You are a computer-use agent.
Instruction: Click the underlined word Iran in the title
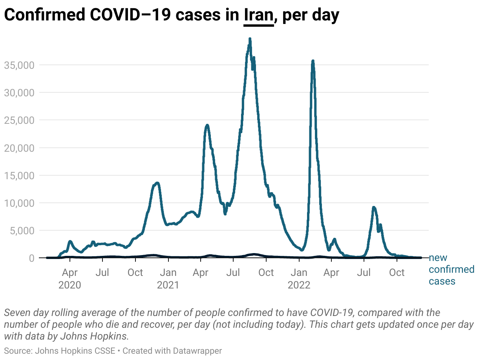(258, 15)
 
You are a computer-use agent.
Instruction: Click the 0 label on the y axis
(31, 258)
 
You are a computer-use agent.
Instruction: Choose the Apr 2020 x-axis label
(70, 278)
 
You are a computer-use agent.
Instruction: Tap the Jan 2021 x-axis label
(168, 278)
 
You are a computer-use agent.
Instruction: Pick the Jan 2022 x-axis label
(299, 278)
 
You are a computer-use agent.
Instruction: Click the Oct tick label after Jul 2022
(397, 272)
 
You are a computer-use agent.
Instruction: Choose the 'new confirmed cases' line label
(451, 270)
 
